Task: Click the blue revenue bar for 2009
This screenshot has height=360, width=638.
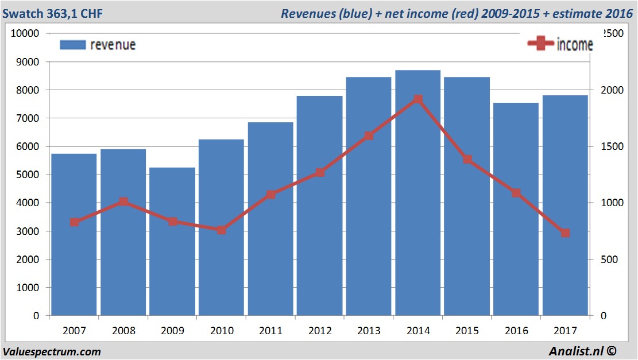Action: (x=173, y=241)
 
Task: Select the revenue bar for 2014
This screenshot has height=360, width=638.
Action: (x=418, y=193)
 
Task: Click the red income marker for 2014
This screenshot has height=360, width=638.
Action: (x=418, y=99)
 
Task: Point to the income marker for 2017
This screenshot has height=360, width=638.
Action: (x=565, y=233)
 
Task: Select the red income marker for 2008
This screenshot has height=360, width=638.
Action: (x=123, y=202)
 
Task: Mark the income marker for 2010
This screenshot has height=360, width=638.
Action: (x=222, y=230)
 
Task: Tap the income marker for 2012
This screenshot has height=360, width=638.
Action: (x=320, y=172)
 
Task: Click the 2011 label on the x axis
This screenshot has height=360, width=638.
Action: (x=270, y=331)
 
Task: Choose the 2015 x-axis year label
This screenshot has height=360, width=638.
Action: (x=467, y=331)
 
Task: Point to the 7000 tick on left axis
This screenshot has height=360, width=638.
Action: (x=25, y=118)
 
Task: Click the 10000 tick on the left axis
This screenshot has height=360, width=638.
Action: (x=22, y=33)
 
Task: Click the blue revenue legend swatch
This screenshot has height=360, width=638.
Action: (x=72, y=45)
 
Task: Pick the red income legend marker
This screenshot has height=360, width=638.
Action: (x=540, y=44)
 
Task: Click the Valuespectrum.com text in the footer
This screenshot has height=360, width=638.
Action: (x=52, y=351)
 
